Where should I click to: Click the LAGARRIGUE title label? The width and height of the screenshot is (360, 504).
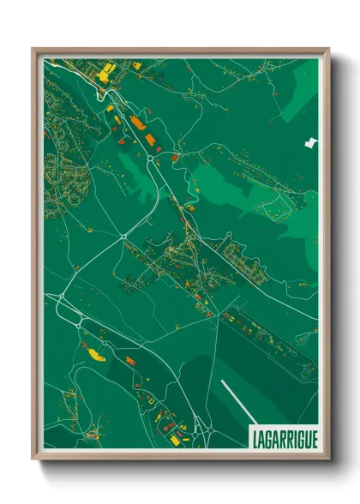[284, 437]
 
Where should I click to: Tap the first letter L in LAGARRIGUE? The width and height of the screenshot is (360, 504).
[255, 437]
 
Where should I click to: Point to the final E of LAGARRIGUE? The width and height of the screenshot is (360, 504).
[313, 437]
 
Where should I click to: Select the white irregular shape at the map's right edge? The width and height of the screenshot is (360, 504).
[309, 142]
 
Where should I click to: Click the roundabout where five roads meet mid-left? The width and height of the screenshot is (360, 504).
[124, 237]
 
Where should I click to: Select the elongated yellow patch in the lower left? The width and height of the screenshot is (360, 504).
[92, 351]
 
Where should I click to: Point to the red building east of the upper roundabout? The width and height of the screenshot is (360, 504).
[174, 157]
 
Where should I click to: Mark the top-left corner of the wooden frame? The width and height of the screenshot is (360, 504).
[33, 50]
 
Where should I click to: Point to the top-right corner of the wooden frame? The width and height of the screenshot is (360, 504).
[328, 50]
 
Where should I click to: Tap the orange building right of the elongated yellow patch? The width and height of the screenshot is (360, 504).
[130, 361]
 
